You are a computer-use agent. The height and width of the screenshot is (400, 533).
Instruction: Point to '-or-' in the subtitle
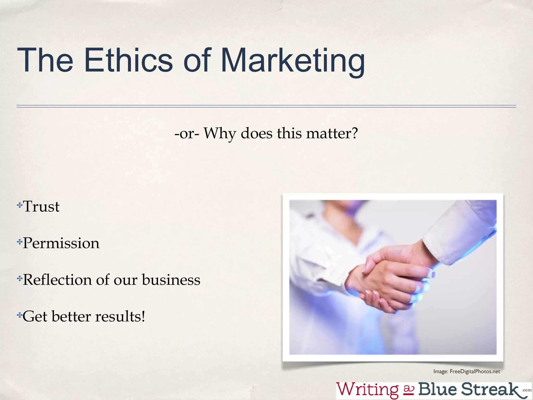click(x=187, y=134)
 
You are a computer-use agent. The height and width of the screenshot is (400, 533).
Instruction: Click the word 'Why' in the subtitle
click(x=220, y=134)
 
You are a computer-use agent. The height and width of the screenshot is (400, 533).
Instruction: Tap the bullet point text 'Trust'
click(x=41, y=207)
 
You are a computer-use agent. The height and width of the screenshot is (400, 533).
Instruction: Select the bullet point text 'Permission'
click(x=61, y=243)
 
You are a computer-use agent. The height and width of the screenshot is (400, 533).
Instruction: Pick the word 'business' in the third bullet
click(x=171, y=280)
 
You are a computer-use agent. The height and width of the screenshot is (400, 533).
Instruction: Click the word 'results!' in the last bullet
click(x=120, y=316)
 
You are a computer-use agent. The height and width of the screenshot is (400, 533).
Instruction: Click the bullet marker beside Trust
click(x=20, y=205)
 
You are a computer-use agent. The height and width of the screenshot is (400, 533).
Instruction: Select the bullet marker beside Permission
click(x=20, y=242)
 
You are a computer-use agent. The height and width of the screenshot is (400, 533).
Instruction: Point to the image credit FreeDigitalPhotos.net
click(x=475, y=371)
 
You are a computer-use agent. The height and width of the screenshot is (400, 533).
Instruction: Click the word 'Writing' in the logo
click(x=367, y=390)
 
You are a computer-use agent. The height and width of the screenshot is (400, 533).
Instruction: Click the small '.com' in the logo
click(x=527, y=390)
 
